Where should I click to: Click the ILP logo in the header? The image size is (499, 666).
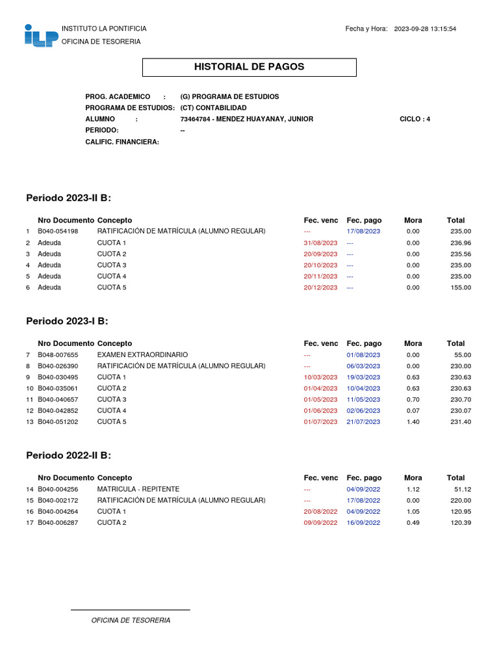coord(41,36)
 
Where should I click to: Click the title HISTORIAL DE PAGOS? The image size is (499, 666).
coord(249,67)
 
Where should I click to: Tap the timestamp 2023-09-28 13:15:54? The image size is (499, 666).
coord(425,29)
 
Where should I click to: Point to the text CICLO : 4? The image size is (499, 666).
coord(415,119)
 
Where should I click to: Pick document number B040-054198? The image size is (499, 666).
coord(58,232)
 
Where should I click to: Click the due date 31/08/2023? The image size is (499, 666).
coord(320,243)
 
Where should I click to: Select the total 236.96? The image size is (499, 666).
coord(461,243)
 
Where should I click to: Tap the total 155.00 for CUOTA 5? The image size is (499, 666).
coord(461,287)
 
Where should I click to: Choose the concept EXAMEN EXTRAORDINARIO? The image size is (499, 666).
coord(142,354)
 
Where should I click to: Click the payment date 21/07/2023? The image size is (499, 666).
coord(363,422)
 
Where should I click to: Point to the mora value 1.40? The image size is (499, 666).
coord(413,422)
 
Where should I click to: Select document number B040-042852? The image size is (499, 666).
coord(58,410)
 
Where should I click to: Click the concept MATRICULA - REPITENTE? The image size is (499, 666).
coord(138,489)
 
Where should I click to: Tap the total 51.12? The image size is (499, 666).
coord(463,489)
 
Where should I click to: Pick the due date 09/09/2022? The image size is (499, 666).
coord(320,523)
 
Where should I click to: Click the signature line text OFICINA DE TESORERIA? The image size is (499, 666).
coord(131,620)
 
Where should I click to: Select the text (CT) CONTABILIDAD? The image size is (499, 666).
coord(213,107)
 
